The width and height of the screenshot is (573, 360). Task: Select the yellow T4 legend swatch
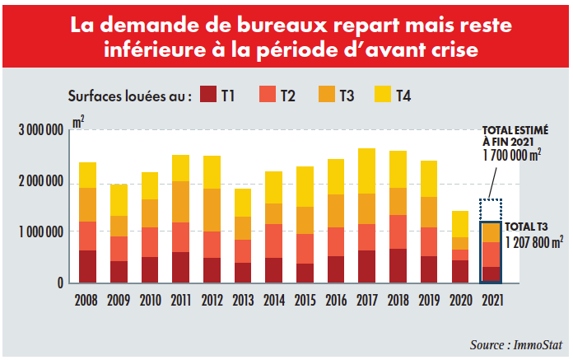[x=384, y=95]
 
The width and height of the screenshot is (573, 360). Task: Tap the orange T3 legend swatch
[x=326, y=95]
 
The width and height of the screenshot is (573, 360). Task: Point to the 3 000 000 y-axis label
[x=40, y=131]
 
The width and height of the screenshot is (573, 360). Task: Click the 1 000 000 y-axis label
[x=40, y=233]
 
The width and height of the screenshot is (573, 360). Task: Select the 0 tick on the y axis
[x=60, y=283]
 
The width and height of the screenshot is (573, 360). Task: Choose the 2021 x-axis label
[x=491, y=300]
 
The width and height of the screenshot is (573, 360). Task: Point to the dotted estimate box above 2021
[x=491, y=210]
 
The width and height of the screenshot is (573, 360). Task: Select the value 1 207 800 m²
[x=534, y=243]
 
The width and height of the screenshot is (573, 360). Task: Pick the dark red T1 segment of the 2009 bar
[x=119, y=272]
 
